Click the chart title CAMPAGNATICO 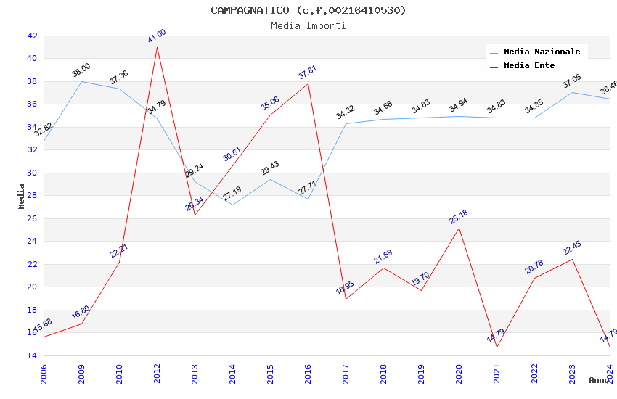[x=308, y=10]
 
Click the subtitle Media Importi [x=308, y=25]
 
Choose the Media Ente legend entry [x=529, y=65]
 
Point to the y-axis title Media [x=22, y=196]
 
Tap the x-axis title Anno [x=599, y=380]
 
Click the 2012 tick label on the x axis [x=157, y=375]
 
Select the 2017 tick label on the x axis [x=346, y=375]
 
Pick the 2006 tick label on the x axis [x=44, y=375]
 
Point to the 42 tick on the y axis [x=32, y=36]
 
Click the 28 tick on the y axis [x=32, y=196]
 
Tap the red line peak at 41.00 [x=157, y=47]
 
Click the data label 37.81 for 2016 [x=308, y=73]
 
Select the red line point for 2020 [x=459, y=228]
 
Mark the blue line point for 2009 [x=81, y=81]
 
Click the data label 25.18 [x=459, y=217]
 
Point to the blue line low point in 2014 [x=232, y=205]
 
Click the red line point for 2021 [x=497, y=347]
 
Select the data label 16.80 [x=81, y=313]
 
